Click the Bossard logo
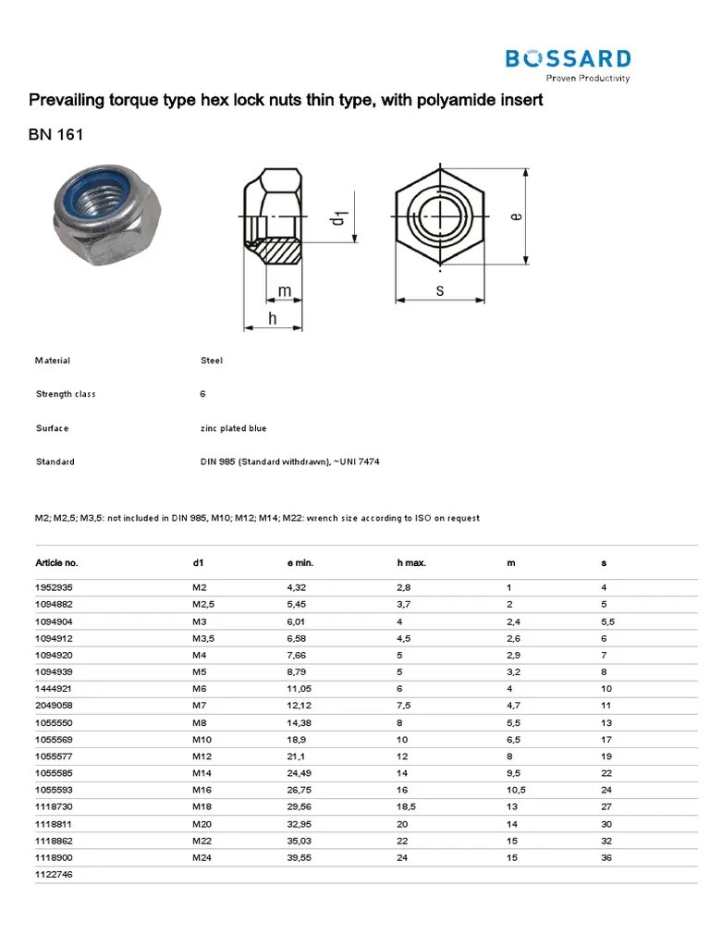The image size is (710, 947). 568,64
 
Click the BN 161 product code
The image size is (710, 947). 57,135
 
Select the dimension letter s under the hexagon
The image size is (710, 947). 440,291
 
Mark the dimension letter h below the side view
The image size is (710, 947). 273,318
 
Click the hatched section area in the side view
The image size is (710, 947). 283,251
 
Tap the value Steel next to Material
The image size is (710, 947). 211,361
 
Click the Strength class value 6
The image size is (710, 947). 202,394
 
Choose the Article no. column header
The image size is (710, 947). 57,562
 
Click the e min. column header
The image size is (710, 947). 302,562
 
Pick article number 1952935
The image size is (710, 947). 54,587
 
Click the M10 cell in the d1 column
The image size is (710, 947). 202,739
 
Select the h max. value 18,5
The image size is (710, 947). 407,806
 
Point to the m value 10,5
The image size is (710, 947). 516,790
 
